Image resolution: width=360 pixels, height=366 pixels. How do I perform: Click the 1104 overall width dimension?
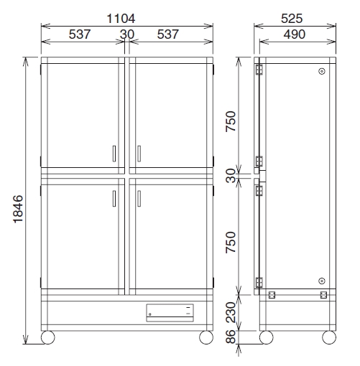coord(121,19)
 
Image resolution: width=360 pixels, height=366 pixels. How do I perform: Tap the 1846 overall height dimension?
coord(18,209)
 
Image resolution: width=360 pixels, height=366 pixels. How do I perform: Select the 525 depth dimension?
coord(292,19)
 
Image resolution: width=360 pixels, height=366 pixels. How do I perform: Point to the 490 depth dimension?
coord(295,34)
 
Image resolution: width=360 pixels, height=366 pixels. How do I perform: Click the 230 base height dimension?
coord(231,312)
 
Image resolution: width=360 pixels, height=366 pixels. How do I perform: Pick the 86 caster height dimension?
coord(231,337)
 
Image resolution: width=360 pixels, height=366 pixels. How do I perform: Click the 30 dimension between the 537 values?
coord(127,34)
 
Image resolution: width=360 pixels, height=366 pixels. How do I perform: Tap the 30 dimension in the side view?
coord(231,176)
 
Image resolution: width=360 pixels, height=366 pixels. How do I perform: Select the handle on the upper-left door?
coord(114,154)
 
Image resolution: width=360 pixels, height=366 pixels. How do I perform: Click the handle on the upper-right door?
coord(139,154)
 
